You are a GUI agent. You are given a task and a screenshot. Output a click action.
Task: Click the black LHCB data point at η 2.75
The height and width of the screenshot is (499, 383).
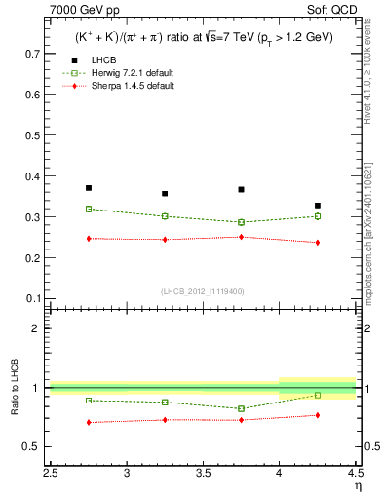pos(89,188)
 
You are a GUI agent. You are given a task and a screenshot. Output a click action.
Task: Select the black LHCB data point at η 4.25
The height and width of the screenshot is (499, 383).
pos(318,206)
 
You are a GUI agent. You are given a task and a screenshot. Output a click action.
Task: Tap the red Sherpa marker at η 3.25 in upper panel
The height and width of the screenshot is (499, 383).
pos(165,239)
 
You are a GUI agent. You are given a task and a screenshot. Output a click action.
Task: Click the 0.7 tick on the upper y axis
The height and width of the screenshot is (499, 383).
pos(38,50)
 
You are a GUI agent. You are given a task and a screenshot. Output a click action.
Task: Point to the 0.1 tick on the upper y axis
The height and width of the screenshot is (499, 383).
pos(38,298)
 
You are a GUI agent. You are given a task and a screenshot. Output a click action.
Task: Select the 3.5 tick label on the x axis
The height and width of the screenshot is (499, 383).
pos(203,473)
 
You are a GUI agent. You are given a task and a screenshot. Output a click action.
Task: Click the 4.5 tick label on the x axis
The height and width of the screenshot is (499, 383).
pos(354,473)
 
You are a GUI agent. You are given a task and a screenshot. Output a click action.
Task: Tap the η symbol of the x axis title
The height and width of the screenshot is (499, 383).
pos(358,486)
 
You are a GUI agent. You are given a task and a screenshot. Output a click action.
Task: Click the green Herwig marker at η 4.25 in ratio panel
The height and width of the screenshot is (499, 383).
pos(318,395)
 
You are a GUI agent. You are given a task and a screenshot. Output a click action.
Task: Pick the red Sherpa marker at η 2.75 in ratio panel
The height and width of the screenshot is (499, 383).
pos(89,422)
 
